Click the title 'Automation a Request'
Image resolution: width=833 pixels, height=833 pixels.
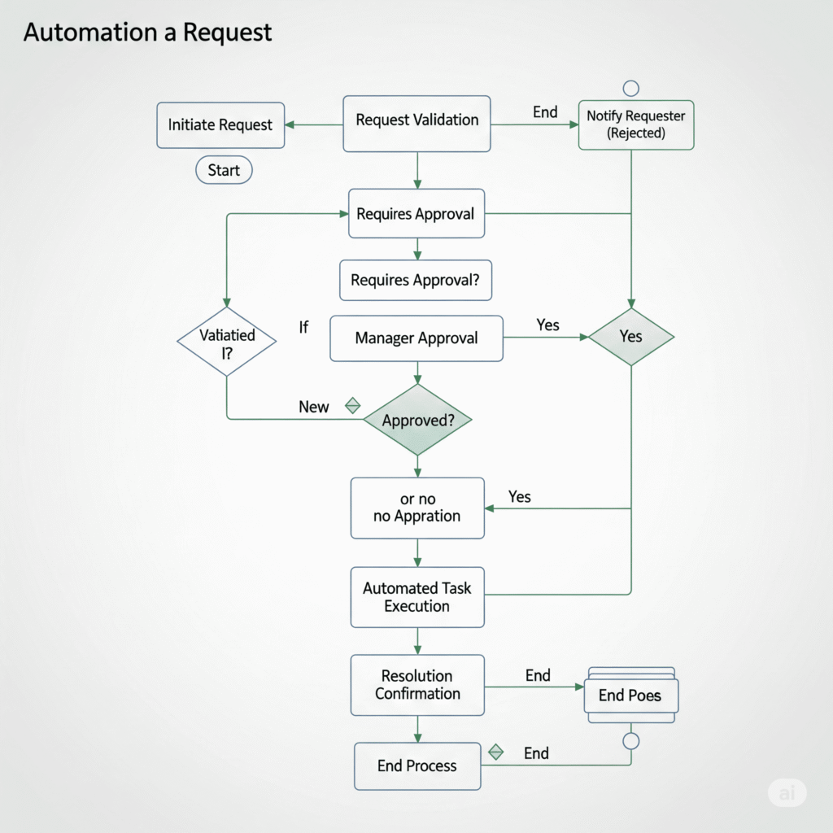147,33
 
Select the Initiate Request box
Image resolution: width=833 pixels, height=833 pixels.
220,125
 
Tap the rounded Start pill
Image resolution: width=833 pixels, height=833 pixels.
224,171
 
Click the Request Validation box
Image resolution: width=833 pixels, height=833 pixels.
416,121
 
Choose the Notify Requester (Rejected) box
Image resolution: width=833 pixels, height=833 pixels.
635,124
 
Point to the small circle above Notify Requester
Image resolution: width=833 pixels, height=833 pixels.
630,89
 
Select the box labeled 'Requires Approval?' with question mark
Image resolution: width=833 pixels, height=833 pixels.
415,281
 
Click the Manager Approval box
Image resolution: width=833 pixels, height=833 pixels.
416,338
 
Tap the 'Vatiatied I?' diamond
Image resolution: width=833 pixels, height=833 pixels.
227,342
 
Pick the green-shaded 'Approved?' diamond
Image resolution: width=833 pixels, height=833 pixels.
417,421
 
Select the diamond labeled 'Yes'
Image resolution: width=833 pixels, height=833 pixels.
631,337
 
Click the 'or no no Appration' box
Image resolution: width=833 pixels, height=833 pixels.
417,508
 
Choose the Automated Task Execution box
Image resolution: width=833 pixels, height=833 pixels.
417,597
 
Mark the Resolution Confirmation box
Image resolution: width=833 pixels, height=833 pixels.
417,685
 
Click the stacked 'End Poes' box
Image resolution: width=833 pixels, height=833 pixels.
631,696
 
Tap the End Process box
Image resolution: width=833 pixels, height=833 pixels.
417,765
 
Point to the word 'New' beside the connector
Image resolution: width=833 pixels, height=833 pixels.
314,407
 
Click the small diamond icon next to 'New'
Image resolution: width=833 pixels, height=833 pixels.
353,406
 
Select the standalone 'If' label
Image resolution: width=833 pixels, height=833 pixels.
303,328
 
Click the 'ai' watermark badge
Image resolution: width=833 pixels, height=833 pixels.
787,793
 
